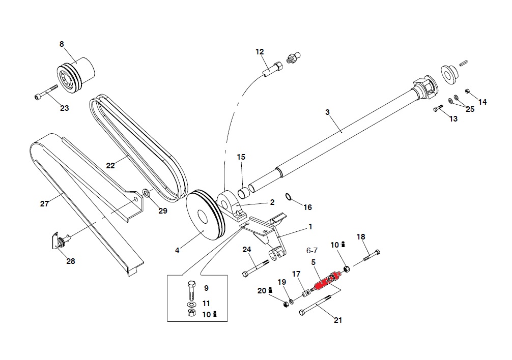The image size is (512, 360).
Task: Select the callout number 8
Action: pyautogui.click(x=62, y=44)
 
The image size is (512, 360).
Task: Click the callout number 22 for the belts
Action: pyautogui.click(x=110, y=165)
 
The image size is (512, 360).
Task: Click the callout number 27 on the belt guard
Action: pyautogui.click(x=44, y=204)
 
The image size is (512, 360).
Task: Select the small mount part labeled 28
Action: pyautogui.click(x=59, y=240)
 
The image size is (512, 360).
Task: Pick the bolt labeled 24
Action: pyautogui.click(x=257, y=268)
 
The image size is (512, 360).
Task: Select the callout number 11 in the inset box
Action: pyautogui.click(x=206, y=303)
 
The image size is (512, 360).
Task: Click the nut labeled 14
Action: pyautogui.click(x=468, y=92)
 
